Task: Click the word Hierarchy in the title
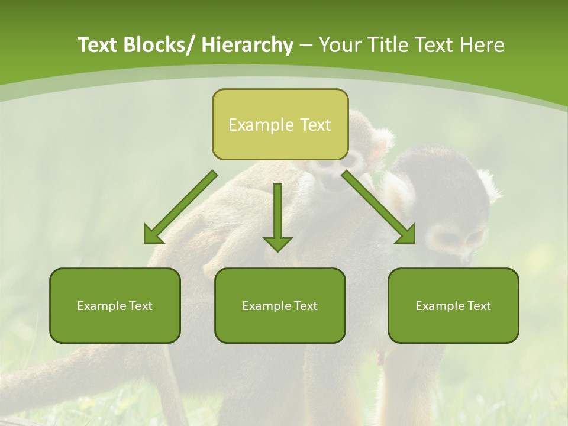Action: pyautogui.click(x=247, y=45)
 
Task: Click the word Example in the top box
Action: pyautogui.click(x=261, y=125)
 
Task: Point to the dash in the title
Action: pyautogui.click(x=306, y=46)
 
